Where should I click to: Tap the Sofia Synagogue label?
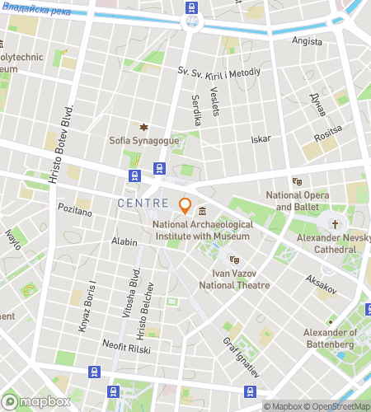click(143, 141)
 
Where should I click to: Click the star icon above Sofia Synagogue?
click(143, 127)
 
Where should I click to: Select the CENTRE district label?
click(143, 203)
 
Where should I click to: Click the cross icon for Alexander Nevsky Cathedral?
click(335, 223)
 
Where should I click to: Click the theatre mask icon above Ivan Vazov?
click(233, 259)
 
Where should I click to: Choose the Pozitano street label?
click(74, 212)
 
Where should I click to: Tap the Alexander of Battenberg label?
click(330, 338)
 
